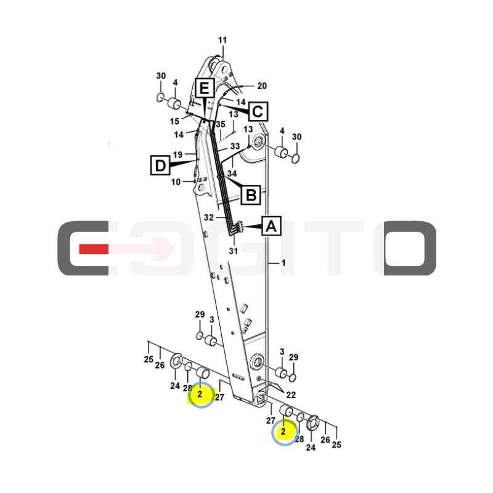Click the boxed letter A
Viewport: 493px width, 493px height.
[x=271, y=226]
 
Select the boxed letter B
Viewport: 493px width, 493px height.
[x=251, y=195]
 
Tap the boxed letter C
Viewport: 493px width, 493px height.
[x=258, y=112]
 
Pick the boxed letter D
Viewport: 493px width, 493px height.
[x=160, y=165]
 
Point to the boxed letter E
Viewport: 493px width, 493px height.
[x=205, y=88]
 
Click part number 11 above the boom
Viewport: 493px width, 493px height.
[x=222, y=40]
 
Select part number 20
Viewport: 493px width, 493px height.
[x=262, y=86]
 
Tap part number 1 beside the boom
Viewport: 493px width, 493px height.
[x=283, y=263]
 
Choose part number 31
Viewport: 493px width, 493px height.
[x=234, y=251]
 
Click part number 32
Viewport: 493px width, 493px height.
[x=209, y=218]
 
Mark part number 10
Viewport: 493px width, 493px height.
[x=176, y=182]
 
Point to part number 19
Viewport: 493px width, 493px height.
[x=177, y=155]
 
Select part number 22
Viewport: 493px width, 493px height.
[x=291, y=394]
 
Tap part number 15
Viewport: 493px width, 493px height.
[x=174, y=121]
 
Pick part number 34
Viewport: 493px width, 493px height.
[x=232, y=173]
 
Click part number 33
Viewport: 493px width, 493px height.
[x=235, y=146]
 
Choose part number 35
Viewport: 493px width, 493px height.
[x=221, y=124]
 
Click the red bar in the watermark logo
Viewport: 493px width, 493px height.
[x=94, y=249]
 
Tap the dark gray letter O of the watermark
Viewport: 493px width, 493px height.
[x=410, y=248]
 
